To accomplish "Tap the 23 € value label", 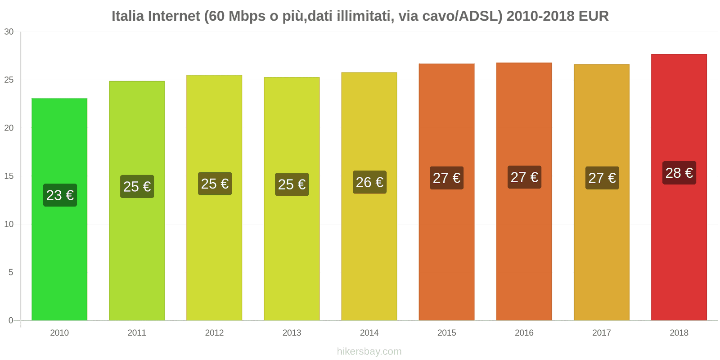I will point(60,195).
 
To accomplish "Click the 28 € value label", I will point(679,173).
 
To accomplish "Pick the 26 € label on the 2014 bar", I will point(369,182).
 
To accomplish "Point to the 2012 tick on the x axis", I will point(214,333).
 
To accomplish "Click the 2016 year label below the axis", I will point(524,333).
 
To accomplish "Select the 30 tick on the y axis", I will point(9,31).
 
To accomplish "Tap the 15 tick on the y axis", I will point(9,176).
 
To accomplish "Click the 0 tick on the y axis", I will point(11,320).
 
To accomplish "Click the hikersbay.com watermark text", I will point(369,351).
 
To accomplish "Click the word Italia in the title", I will point(128,16).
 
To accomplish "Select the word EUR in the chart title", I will point(594,16).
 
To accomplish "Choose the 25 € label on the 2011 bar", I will point(137,186).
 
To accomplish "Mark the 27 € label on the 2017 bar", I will point(602,178).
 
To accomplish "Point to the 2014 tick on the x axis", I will point(369,333).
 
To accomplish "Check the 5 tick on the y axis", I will point(11,272).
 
